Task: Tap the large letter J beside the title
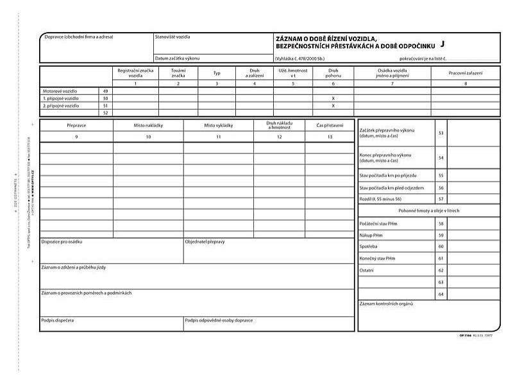(x=442, y=44)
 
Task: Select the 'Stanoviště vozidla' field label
(x=172, y=37)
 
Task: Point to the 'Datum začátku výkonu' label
(x=177, y=58)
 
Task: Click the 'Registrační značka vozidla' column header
(x=135, y=73)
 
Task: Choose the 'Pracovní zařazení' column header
(x=466, y=73)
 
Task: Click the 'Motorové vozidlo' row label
(x=60, y=91)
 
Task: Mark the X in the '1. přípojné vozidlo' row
(x=333, y=98)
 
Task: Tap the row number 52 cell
(x=105, y=112)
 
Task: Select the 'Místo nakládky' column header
(x=148, y=125)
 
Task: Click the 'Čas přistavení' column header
(x=330, y=125)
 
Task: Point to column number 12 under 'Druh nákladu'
(x=278, y=137)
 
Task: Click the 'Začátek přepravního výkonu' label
(x=387, y=133)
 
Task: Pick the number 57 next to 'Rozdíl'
(x=441, y=199)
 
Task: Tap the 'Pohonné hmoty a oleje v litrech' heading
(x=429, y=210)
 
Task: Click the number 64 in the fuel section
(x=441, y=293)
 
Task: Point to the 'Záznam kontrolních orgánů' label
(x=387, y=303)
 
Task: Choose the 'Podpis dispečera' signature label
(x=57, y=319)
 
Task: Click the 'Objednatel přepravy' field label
(x=205, y=242)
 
